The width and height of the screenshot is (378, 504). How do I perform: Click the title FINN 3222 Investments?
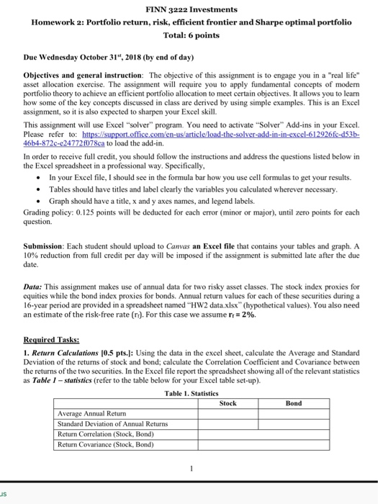pos(191,9)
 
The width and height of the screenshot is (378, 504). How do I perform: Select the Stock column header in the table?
pos(227,404)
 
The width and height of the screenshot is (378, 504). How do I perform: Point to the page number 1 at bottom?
pos(191,469)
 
